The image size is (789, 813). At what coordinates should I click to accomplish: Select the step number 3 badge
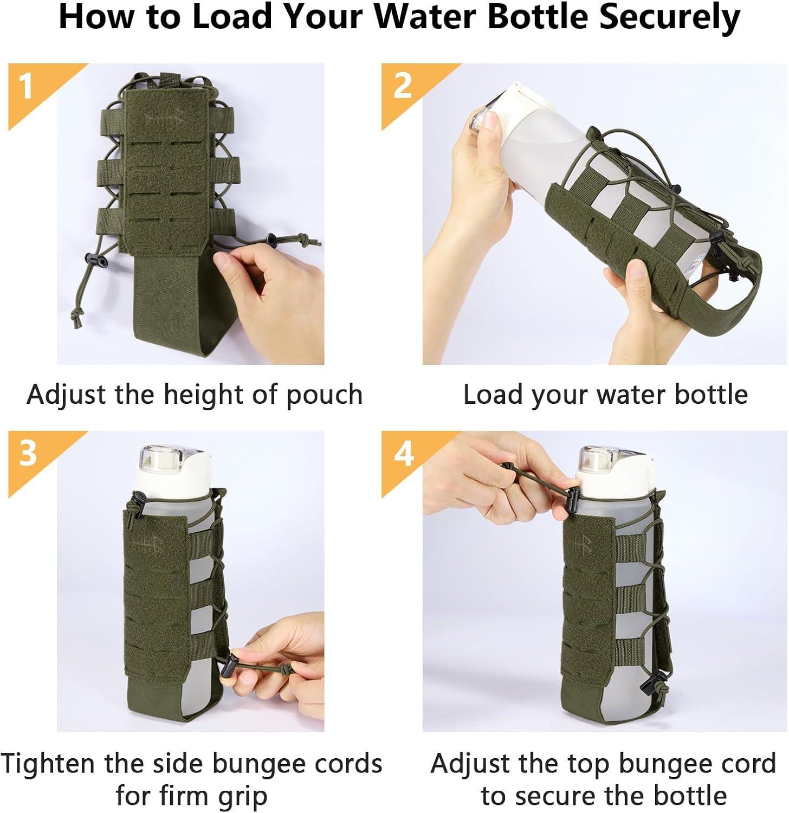click(28, 453)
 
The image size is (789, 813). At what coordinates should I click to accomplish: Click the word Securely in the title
click(669, 18)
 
